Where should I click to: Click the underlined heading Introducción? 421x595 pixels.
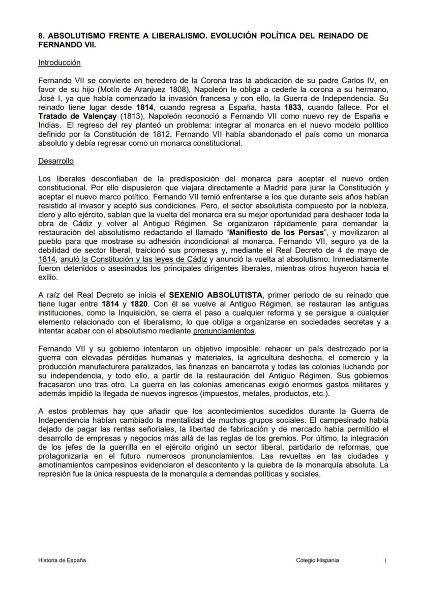pos(59,63)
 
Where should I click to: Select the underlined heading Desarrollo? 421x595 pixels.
pos(56,161)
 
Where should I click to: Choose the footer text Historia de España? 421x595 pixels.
pos(62,560)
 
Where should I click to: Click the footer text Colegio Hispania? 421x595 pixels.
pos(317,560)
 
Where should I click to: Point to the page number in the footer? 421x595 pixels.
pos(385,560)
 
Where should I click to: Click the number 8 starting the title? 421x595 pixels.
pos(41,37)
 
